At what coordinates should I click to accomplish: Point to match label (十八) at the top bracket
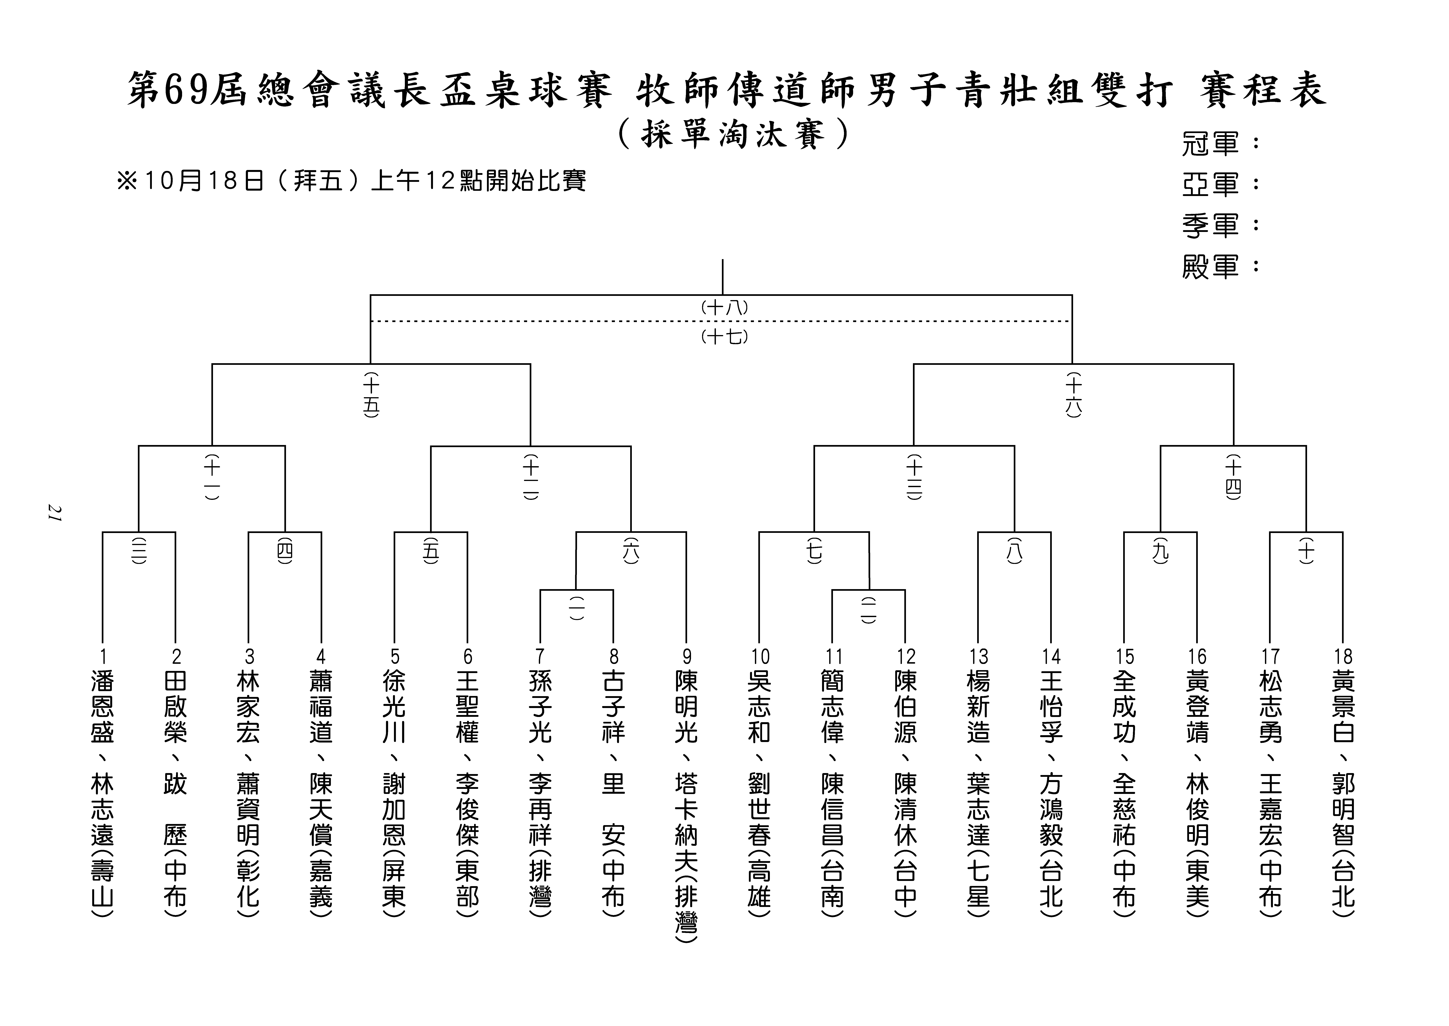point(724,308)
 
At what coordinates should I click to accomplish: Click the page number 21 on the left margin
point(54,513)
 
